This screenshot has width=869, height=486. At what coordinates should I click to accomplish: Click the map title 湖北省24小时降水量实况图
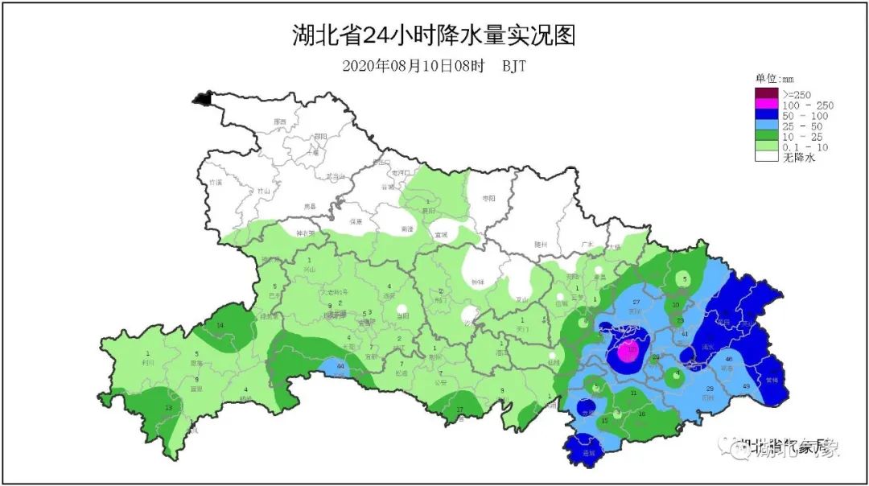tap(434, 36)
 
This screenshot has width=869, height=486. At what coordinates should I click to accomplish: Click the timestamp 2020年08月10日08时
tap(413, 66)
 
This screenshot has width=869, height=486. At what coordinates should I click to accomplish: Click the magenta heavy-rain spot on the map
tap(629, 351)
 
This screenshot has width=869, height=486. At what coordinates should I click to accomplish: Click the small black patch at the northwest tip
tap(201, 99)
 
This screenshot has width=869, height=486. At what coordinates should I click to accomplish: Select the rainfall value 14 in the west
tap(220, 325)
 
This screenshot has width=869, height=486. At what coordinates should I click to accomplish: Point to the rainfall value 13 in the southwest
tap(168, 408)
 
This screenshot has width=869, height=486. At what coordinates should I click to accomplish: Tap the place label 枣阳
tap(488, 197)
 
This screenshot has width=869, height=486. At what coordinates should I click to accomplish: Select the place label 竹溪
tap(215, 183)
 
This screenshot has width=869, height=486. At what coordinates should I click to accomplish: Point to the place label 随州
tap(541, 244)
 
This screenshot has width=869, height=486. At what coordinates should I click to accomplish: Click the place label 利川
tap(147, 363)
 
